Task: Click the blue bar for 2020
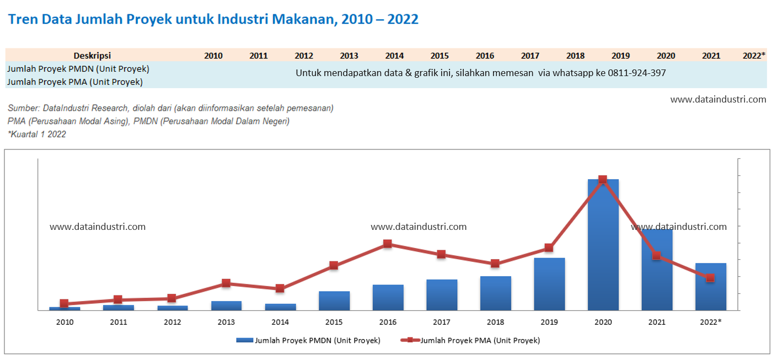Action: [603, 245]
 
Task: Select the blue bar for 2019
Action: [549, 284]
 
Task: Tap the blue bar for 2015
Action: [334, 300]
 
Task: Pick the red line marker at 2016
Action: [388, 244]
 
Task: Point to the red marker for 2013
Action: [226, 283]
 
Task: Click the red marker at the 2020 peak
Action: [603, 179]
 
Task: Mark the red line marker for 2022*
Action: [710, 278]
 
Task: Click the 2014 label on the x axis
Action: [280, 322]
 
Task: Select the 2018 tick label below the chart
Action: [495, 322]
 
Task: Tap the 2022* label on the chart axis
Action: [710, 322]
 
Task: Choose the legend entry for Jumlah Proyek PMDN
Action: [308, 341]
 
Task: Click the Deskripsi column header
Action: [92, 56]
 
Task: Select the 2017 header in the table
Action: [530, 56]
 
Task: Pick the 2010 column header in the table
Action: [213, 56]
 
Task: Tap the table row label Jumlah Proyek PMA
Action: [75, 82]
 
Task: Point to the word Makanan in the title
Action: [303, 19]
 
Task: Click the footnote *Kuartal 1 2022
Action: [37, 134]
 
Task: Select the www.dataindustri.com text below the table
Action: [718, 100]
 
